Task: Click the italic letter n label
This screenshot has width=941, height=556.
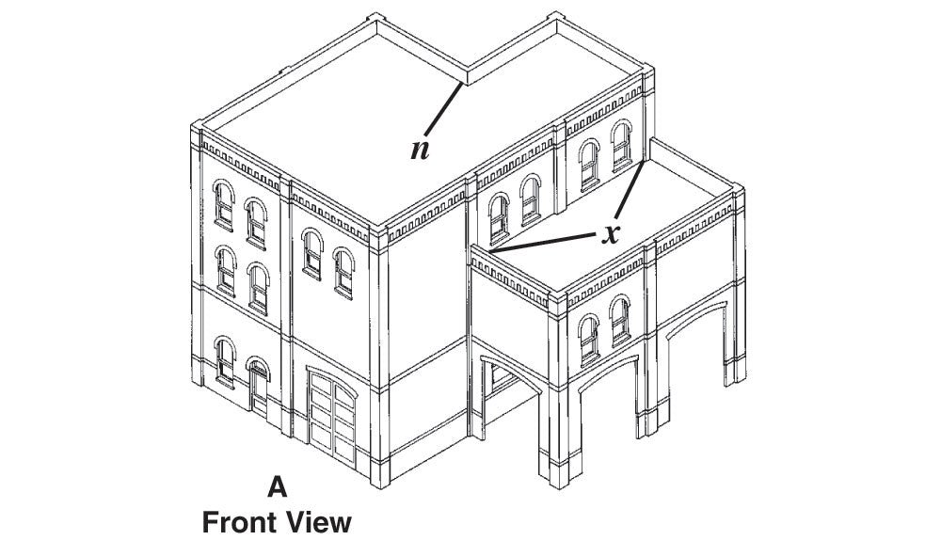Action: [420, 150]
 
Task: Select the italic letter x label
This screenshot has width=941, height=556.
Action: [611, 233]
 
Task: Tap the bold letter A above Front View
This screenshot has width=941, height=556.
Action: [277, 486]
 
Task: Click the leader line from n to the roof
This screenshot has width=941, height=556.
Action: [443, 110]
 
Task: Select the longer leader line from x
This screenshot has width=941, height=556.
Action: [544, 243]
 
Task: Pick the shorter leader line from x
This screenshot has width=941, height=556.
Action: [630, 189]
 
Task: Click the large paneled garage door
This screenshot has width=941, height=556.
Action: [332, 417]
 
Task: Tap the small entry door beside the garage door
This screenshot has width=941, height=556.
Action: [259, 387]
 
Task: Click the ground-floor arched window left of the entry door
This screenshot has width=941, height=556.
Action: [225, 361]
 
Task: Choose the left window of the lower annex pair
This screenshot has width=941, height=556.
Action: [589, 340]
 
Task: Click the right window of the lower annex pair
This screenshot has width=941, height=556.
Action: [620, 321]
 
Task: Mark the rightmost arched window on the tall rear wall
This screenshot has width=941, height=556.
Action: [622, 146]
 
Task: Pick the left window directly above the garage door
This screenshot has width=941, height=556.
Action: [312, 254]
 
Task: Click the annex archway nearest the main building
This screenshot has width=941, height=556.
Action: [509, 389]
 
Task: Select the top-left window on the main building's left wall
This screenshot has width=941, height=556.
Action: [224, 205]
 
